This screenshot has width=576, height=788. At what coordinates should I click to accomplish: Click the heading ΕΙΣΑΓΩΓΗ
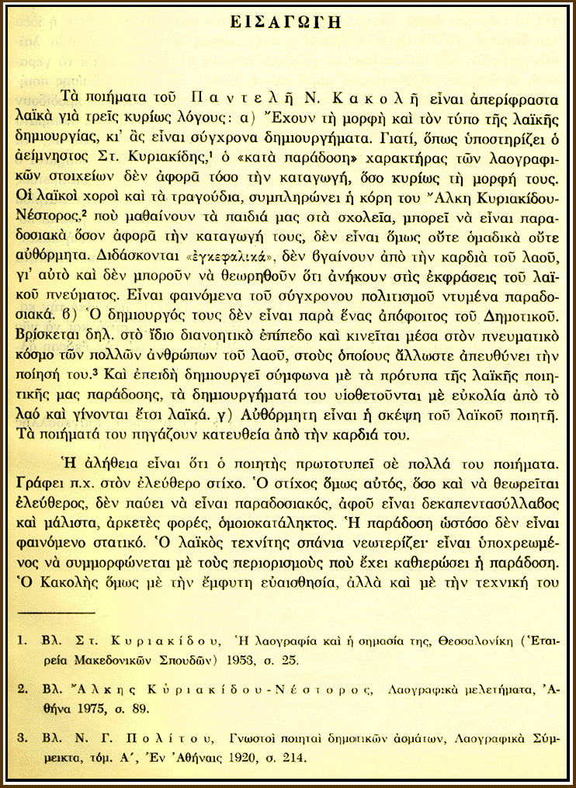(288, 22)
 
